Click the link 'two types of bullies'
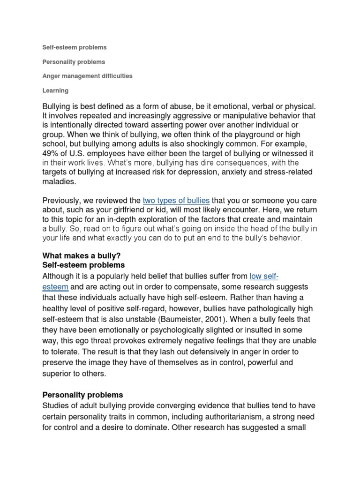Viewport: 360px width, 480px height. point(176,201)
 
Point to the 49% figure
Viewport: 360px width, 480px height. point(51,153)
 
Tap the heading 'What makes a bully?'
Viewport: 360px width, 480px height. point(82,255)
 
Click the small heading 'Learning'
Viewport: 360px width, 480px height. point(55,90)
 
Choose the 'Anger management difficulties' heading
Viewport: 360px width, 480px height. point(87,76)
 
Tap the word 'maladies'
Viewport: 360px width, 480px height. point(59,181)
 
